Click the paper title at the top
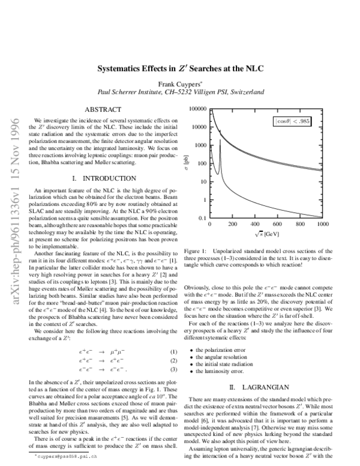[x=180, y=68]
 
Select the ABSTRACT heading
[x=103, y=109]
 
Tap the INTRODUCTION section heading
[x=103, y=178]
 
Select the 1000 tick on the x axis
[x=322, y=224]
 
